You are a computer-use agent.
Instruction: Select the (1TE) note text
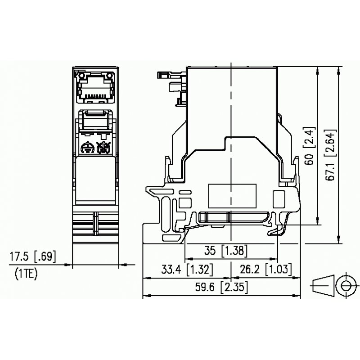[x=27, y=272]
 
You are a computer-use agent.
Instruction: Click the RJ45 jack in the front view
[x=95, y=86]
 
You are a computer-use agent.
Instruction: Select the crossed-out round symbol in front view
[x=104, y=148]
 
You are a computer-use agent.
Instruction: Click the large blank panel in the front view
[x=95, y=178]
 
